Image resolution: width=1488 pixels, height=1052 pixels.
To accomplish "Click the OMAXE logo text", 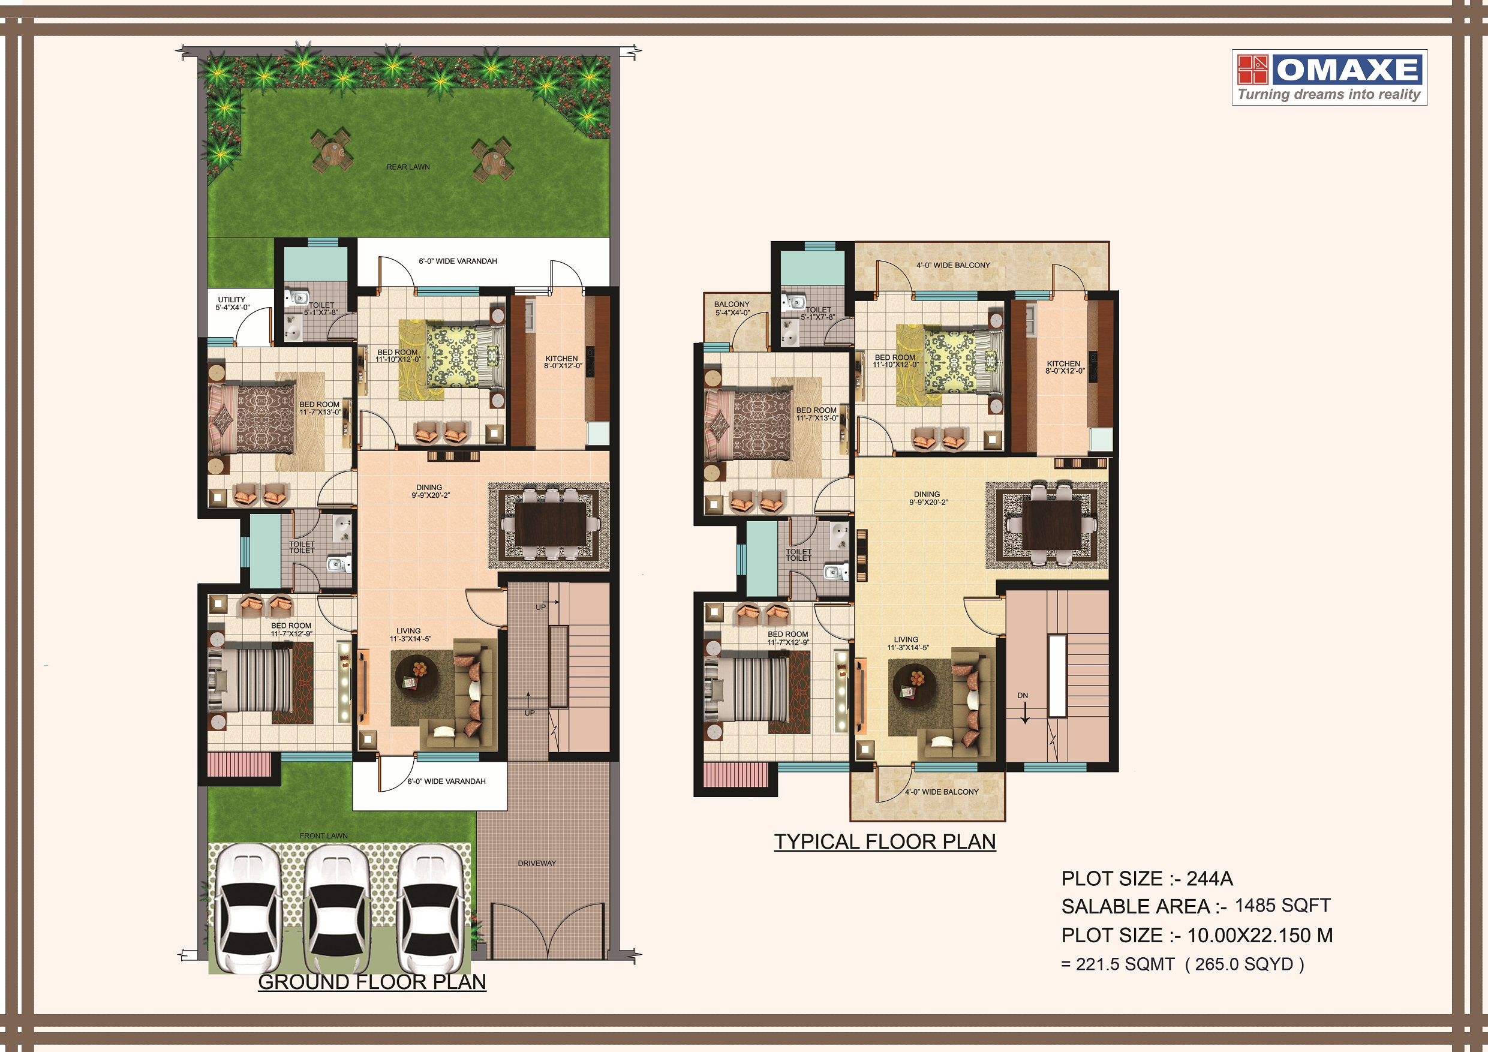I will [1348, 70].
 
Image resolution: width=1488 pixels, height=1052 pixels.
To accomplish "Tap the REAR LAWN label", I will [408, 167].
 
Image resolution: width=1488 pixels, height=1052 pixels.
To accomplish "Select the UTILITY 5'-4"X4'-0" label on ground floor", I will [232, 303].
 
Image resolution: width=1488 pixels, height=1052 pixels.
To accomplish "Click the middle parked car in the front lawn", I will [337, 907].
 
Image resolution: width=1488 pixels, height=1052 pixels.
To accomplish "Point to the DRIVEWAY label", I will [537, 862].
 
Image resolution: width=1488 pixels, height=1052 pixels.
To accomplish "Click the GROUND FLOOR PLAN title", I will [372, 982].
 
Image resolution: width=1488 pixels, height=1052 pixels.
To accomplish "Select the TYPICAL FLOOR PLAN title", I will [885, 841].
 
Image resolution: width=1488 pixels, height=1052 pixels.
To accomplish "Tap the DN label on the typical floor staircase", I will [1023, 696].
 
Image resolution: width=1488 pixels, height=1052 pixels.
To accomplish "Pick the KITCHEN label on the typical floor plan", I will [1064, 367].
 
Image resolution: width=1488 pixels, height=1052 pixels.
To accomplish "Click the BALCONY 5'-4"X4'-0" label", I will [732, 308].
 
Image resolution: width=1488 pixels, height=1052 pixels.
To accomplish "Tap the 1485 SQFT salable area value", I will [1282, 906].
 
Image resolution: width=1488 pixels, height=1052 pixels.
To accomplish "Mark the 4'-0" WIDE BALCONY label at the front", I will [942, 792].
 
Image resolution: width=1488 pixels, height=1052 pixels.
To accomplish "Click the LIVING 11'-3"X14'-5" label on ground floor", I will [410, 635].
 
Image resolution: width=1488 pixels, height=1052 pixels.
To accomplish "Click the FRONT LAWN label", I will [323, 835].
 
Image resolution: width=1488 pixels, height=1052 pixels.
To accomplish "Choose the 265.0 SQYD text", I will [1244, 964].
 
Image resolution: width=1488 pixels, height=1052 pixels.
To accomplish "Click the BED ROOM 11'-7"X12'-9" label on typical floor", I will [788, 638].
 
